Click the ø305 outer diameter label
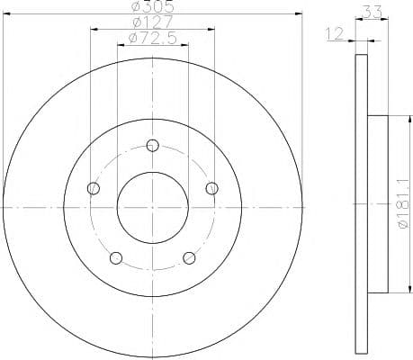152,6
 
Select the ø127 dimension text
152,22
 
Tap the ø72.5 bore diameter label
152,38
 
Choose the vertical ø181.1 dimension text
401,204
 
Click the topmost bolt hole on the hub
152,145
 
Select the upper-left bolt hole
93,188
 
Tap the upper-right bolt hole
211,188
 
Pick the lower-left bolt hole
115,258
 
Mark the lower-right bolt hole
189,258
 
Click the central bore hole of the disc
152,207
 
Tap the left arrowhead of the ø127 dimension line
94,29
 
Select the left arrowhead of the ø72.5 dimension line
121,45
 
